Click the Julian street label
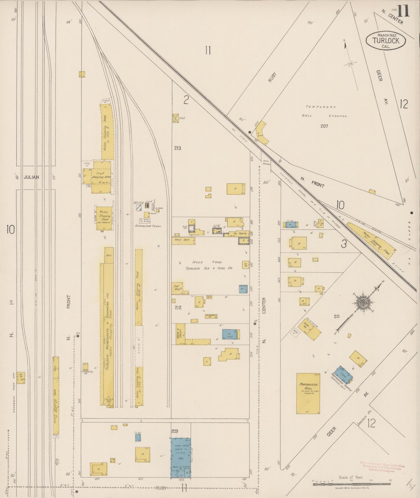click(x=31, y=177)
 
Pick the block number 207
click(x=324, y=126)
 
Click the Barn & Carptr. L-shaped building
click(x=181, y=334)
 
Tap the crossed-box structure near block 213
click(x=176, y=118)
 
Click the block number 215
click(x=337, y=316)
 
